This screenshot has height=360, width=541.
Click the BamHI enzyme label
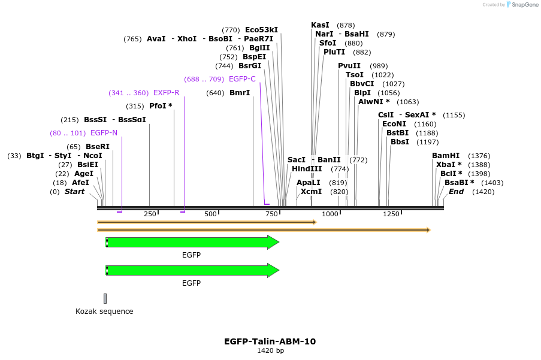[x=445, y=156]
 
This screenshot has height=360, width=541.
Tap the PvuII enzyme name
[x=349, y=66]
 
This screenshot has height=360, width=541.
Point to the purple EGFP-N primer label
[x=104, y=133]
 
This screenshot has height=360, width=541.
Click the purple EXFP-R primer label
[x=166, y=93]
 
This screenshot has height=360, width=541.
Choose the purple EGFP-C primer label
[x=242, y=79]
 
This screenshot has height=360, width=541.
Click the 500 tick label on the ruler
[x=210, y=214]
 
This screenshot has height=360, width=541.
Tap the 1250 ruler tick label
[x=391, y=214]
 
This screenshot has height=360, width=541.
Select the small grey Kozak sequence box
[x=105, y=298]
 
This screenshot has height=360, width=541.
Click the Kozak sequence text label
[x=104, y=311]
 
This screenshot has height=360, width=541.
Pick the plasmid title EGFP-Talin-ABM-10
[x=270, y=341]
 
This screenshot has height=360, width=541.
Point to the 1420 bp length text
[x=270, y=351]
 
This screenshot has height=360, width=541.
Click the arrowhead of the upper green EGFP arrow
[x=273, y=242]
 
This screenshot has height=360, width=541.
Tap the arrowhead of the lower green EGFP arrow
[x=273, y=270]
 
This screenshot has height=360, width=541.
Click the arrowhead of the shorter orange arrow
[x=314, y=222]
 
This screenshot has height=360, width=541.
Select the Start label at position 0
[x=74, y=192]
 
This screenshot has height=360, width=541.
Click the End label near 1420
[x=456, y=192]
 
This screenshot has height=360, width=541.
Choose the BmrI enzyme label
[x=240, y=93]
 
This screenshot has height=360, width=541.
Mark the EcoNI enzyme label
[x=394, y=124]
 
